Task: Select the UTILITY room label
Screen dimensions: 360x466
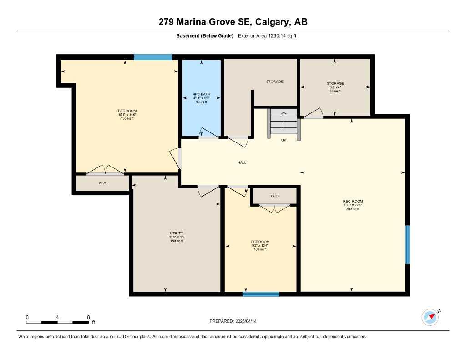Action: (176, 233)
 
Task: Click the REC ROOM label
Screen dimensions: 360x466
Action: (353, 201)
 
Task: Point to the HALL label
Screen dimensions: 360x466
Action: (242, 162)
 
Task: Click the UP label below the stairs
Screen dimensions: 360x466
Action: (283, 140)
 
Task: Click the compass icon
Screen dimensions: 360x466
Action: (430, 317)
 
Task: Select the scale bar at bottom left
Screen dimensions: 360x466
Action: (57, 322)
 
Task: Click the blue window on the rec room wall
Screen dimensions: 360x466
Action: (407, 244)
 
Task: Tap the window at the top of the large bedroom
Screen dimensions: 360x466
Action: (153, 57)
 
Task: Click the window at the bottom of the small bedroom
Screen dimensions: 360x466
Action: (261, 294)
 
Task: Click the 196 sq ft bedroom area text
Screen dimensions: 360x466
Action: (127, 118)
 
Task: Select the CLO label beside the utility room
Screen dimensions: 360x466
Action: (102, 183)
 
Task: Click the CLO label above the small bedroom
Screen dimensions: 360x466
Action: (274, 196)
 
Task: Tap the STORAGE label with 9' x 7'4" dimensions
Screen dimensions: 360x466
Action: (335, 83)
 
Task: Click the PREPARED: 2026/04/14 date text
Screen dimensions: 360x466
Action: (236, 321)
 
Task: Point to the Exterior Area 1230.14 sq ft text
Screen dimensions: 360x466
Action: (268, 36)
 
